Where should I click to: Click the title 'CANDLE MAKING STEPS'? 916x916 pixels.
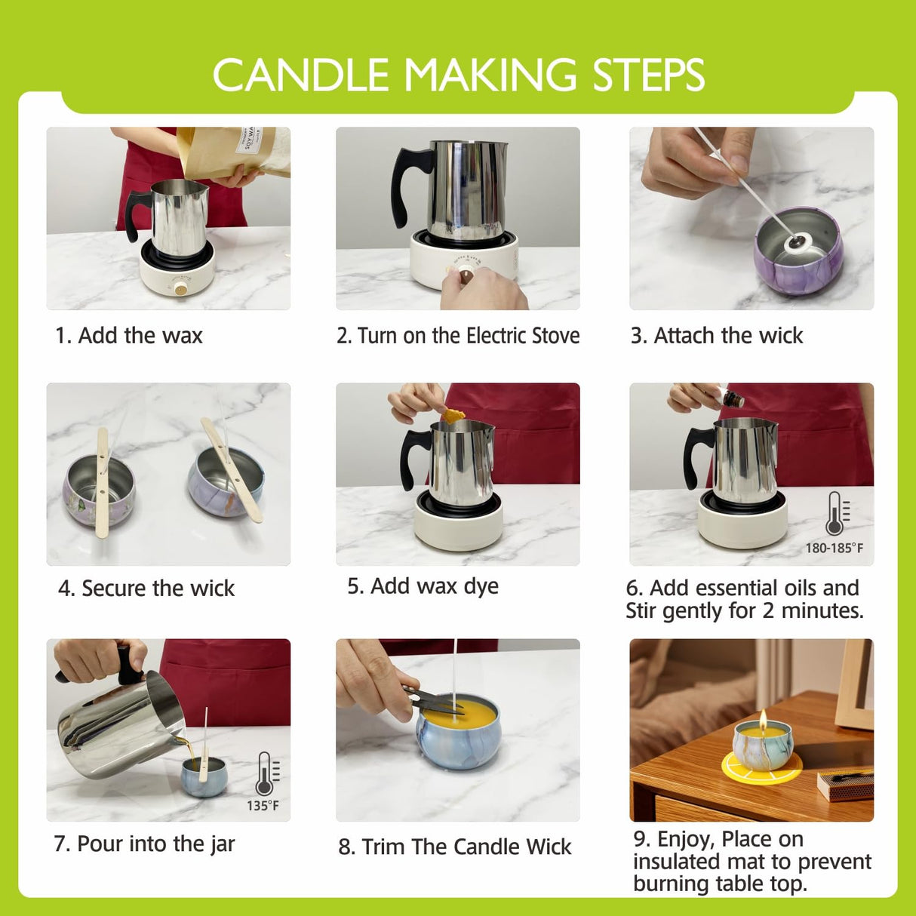[458, 75]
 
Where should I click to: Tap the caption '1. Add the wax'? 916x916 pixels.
[129, 336]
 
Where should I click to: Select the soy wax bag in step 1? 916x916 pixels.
[234, 151]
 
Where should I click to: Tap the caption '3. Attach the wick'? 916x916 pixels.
[717, 336]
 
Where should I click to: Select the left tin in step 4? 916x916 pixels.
[98, 490]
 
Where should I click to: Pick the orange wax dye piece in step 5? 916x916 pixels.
[453, 414]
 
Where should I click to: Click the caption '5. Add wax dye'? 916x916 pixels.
[423, 586]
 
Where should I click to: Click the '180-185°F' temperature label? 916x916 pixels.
[834, 548]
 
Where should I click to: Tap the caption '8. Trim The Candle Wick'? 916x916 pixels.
[455, 847]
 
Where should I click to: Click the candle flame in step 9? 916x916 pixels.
[764, 718]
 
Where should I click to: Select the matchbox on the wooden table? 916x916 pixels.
[845, 783]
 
